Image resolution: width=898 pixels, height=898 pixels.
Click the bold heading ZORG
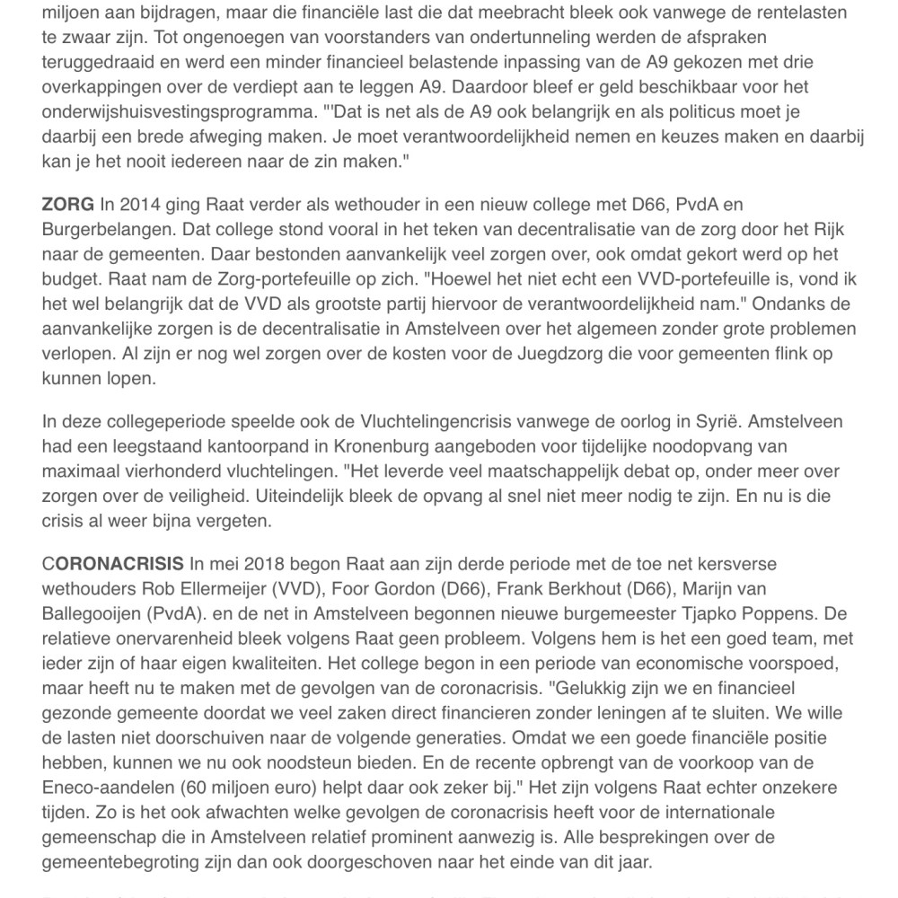[67, 206]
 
